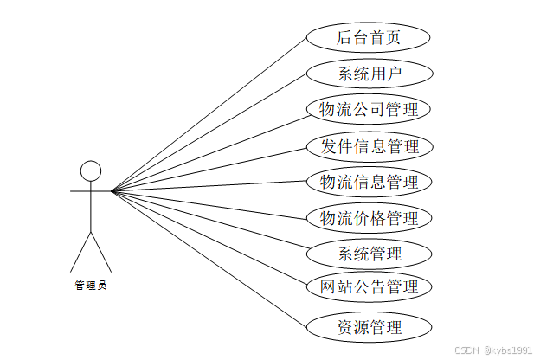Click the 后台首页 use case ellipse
tap(369, 37)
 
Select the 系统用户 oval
tap(369, 73)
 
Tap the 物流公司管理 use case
tap(369, 110)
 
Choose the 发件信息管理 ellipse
tap(369, 146)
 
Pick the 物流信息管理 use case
tap(369, 182)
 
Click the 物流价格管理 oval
tap(369, 217)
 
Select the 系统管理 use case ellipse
tap(369, 254)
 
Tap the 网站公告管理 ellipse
tap(369, 286)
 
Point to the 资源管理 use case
tap(369, 327)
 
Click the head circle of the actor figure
tap(91, 170)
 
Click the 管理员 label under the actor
tap(91, 285)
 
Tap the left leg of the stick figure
tap(80, 252)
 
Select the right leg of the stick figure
tap(102, 252)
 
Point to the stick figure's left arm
tap(80, 190)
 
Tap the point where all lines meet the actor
tap(112, 190)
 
